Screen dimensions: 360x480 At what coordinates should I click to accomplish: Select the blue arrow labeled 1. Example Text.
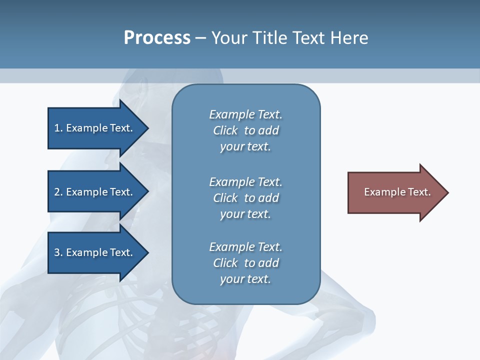click(95, 128)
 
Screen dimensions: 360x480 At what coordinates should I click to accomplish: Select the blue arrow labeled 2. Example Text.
click(95, 192)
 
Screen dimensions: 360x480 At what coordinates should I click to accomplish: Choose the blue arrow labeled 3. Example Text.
click(95, 252)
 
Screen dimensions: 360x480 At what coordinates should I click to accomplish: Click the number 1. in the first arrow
click(58, 128)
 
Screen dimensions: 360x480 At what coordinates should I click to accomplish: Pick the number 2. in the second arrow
click(58, 192)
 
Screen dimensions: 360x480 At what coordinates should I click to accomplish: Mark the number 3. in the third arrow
click(58, 252)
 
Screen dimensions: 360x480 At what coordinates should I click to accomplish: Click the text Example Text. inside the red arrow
click(397, 192)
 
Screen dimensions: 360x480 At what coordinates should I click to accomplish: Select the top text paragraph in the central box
click(245, 130)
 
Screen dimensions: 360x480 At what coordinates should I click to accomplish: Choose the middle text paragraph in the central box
click(245, 198)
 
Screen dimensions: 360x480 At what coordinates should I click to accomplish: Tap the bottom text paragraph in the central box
click(245, 263)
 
